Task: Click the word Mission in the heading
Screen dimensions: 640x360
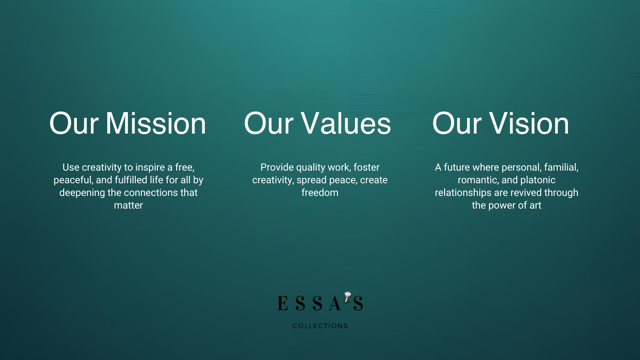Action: (156, 124)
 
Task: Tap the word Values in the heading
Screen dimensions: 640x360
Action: (346, 124)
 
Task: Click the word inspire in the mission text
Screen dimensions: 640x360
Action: (150, 167)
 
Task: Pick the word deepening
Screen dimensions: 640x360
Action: (82, 193)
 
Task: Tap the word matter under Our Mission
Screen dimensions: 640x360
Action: (128, 205)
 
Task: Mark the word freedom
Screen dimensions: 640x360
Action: (320, 193)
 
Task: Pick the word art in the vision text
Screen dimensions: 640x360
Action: (535, 205)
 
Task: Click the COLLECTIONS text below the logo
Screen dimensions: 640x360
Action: (320, 326)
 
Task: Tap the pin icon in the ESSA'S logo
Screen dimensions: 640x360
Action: (348, 297)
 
